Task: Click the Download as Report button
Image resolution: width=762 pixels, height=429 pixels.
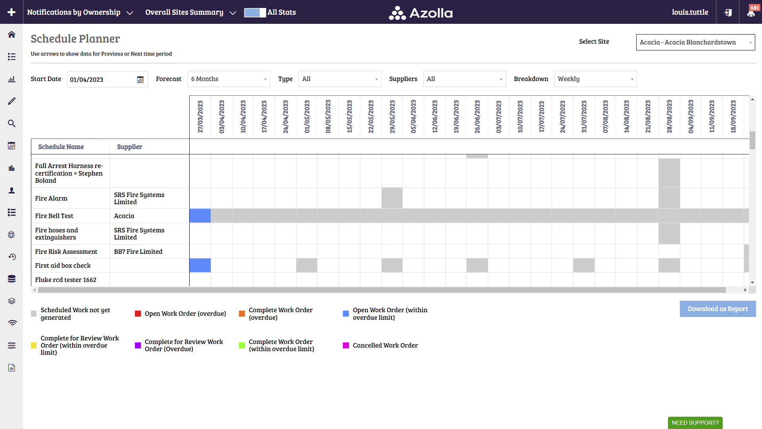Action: [x=718, y=309]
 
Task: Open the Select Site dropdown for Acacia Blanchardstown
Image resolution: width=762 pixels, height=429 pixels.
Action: [x=695, y=43]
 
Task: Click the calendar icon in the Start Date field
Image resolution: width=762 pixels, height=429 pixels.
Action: [x=140, y=80]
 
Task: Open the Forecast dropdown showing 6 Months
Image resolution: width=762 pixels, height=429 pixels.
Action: [x=229, y=79]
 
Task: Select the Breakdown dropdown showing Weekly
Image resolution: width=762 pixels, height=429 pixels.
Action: [x=595, y=79]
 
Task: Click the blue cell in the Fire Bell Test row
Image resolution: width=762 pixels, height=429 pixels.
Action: [x=200, y=216]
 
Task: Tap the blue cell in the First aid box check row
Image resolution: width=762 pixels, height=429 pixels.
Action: [x=200, y=265]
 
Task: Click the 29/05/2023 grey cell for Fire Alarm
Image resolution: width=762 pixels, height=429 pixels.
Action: [x=392, y=198]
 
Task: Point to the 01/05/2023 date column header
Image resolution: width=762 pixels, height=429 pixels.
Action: [x=307, y=117]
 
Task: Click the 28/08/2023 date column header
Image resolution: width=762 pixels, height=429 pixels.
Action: [x=669, y=117]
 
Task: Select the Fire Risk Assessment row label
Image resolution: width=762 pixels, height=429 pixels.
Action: [x=66, y=251]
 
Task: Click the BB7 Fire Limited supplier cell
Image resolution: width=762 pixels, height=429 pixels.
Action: [x=138, y=251]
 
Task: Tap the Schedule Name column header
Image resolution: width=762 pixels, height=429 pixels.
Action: [x=61, y=147]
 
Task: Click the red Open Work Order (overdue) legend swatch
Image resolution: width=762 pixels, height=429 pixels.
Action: [x=138, y=314]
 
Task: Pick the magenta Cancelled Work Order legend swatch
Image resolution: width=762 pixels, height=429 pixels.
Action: [x=346, y=346]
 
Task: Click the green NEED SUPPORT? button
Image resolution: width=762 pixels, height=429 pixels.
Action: [x=695, y=423]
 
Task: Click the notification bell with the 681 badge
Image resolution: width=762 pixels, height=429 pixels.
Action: [x=751, y=12]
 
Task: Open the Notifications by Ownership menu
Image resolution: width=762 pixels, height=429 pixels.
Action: [x=80, y=12]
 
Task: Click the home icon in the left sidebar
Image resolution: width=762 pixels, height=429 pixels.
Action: [x=12, y=35]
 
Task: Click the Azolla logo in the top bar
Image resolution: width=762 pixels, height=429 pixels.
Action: [x=421, y=13]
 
